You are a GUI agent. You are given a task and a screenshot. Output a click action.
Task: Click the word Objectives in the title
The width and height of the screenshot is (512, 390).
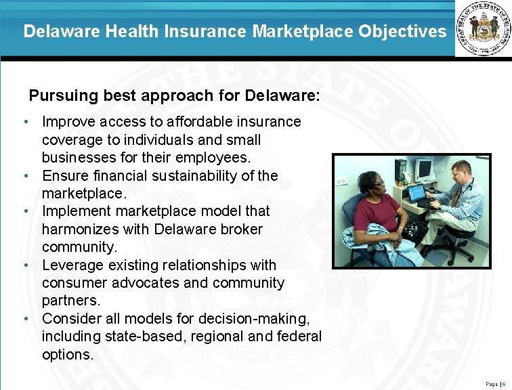[408, 31]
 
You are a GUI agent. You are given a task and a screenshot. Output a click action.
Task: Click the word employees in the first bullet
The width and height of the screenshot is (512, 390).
[217, 157]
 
